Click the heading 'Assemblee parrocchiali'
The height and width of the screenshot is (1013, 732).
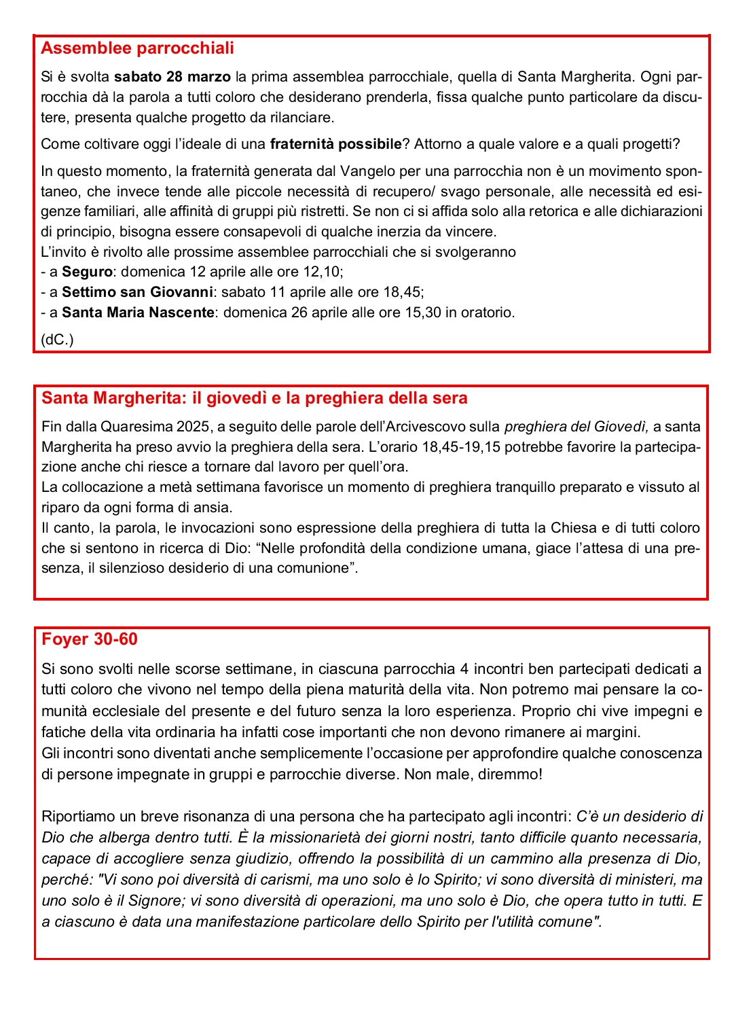click(x=137, y=48)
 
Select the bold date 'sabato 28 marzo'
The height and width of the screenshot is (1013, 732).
click(x=172, y=77)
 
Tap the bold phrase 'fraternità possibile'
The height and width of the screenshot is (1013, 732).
click(x=335, y=144)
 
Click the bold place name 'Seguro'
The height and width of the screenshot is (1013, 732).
click(x=87, y=272)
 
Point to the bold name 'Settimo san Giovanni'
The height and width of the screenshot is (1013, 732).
click(x=137, y=292)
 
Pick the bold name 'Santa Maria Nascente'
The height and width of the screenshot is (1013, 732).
click(x=138, y=313)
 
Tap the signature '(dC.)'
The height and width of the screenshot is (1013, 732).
click(x=57, y=340)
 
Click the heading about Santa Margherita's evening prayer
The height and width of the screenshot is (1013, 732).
click(x=254, y=398)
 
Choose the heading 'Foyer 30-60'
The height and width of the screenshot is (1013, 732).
click(x=89, y=639)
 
